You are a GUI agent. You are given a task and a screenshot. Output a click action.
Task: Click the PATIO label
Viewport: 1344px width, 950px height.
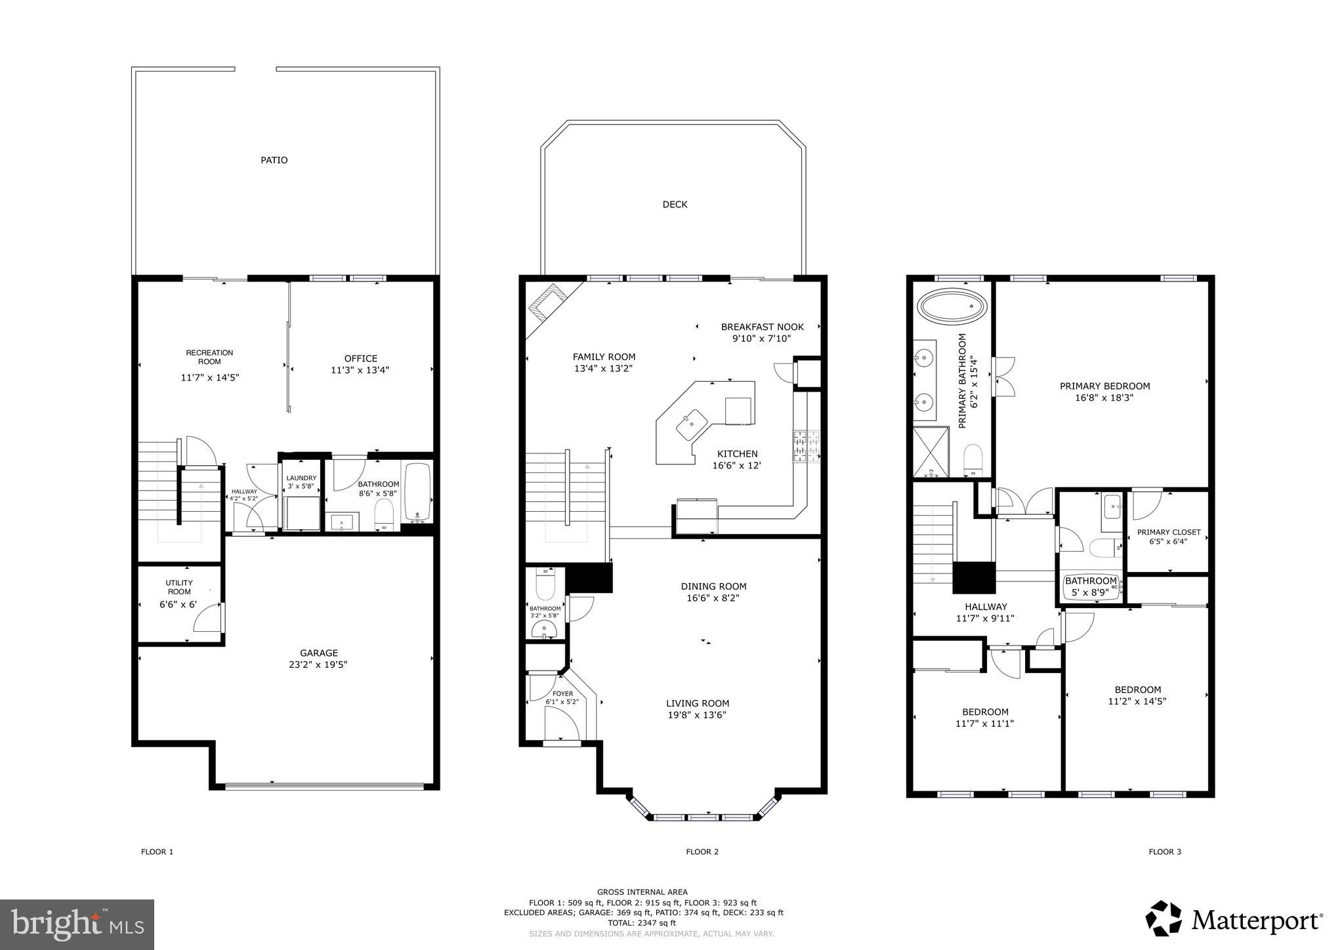point(274,160)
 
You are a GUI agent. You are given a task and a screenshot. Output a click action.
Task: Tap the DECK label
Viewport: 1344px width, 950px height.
point(675,205)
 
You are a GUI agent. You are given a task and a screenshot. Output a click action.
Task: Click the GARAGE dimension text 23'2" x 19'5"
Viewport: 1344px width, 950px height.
point(319,665)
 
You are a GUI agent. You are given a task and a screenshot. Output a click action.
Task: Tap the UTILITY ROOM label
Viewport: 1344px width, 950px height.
point(178,587)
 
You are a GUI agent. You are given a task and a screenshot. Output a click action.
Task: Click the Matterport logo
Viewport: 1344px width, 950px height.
point(1234,920)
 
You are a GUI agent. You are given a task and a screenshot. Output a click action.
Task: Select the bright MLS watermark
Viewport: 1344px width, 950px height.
point(77,924)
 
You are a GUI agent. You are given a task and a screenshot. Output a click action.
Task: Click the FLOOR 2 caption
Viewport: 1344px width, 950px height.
point(702,852)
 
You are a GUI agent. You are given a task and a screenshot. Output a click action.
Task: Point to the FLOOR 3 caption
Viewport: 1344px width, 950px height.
point(1164,852)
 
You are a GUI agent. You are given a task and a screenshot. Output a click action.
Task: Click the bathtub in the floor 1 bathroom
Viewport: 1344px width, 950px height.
point(418,492)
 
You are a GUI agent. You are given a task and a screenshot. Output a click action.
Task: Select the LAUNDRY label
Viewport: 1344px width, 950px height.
point(301,478)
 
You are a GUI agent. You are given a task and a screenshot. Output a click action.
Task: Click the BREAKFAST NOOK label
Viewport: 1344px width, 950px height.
point(762,327)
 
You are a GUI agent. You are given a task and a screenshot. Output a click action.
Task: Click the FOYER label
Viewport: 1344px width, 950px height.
point(562,693)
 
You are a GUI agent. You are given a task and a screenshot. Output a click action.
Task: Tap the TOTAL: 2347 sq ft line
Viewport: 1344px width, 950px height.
point(641,922)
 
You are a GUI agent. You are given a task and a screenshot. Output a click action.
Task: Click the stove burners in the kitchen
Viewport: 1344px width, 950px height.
point(807,446)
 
